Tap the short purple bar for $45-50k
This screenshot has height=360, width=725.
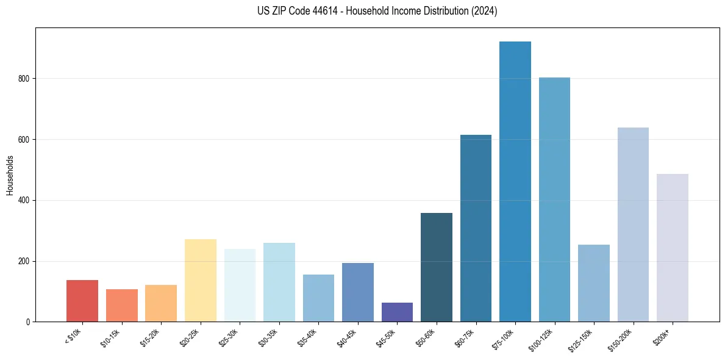[397, 312]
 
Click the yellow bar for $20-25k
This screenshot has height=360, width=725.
[201, 281]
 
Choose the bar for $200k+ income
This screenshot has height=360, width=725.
[672, 248]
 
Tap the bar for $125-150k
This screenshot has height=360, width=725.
[593, 283]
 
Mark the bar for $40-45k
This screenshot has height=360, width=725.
[358, 292]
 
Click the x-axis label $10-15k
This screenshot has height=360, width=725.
[110, 338]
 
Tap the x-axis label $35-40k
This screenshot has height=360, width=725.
[307, 338]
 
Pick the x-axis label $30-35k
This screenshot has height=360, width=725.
[268, 338]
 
